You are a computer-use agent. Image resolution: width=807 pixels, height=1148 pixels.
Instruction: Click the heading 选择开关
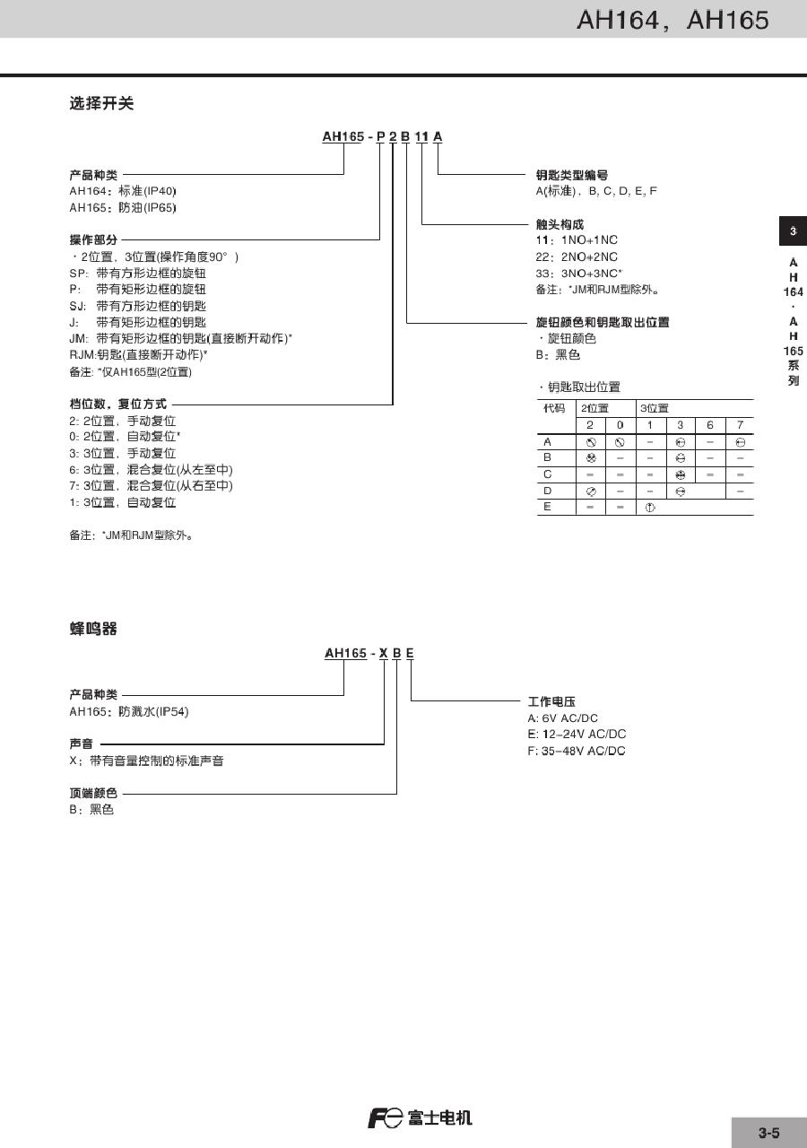[x=101, y=104]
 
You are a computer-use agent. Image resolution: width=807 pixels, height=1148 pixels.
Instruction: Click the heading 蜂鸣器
[x=93, y=630]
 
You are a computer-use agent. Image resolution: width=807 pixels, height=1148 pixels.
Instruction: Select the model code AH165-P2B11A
[x=383, y=136]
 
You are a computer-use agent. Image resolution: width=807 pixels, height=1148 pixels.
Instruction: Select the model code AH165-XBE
[x=369, y=654]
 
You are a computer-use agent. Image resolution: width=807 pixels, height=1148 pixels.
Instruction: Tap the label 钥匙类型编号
[x=571, y=175]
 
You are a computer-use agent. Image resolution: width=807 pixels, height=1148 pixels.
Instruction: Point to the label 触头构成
[x=559, y=224]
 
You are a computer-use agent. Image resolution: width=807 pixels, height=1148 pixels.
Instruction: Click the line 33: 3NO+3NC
[x=578, y=273]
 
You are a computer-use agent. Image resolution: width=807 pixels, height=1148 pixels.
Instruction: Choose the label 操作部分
[x=93, y=240]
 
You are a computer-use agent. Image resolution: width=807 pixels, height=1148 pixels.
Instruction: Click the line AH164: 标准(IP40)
[x=123, y=191]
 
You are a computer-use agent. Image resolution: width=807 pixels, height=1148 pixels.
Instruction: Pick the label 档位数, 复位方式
[x=117, y=404]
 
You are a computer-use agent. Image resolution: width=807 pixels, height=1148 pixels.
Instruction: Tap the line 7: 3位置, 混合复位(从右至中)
[x=151, y=485]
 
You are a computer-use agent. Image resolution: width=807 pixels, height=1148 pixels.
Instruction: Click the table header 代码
[x=554, y=408]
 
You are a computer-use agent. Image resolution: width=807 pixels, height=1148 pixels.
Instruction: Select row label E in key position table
[x=547, y=507]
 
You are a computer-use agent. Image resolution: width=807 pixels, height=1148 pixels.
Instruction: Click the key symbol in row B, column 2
[x=590, y=457]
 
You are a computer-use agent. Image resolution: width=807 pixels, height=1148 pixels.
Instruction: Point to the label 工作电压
[x=551, y=701]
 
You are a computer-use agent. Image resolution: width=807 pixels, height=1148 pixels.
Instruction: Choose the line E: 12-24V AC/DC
[x=577, y=734]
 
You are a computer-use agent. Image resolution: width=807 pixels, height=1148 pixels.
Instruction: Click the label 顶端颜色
[x=93, y=794]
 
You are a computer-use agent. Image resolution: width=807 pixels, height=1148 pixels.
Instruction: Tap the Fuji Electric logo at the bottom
[x=419, y=1118]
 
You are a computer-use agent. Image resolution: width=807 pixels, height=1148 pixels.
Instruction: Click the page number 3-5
[x=768, y=1133]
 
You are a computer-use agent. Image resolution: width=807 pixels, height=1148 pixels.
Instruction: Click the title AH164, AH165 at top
[x=672, y=20]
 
